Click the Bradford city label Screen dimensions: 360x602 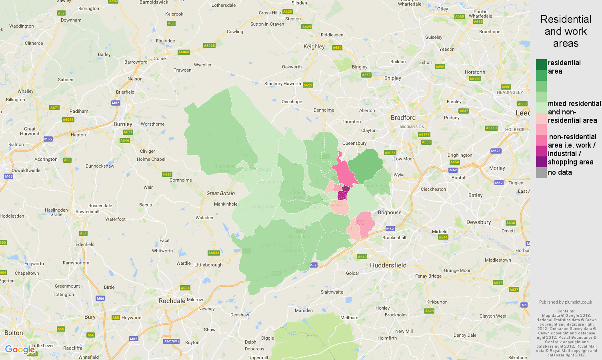tap(403, 118)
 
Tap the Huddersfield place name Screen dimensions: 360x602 tap(388, 265)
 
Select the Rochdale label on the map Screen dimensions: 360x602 tap(172, 301)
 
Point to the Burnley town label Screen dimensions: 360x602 tap(123, 124)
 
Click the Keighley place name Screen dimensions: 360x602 tap(314, 46)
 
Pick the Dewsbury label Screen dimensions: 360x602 tap(478, 222)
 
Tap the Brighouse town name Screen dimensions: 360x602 tap(390, 212)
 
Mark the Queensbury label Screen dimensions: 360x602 tap(354, 143)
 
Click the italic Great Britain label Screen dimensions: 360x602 tap(220, 193)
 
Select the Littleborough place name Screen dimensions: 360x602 tap(208, 265)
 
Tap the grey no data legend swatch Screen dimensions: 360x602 tap(541, 173)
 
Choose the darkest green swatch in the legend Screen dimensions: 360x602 tap(541, 64)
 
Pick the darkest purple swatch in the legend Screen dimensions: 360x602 tap(541, 162)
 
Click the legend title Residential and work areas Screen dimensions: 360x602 tap(566, 31)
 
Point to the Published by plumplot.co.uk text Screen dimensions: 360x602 tap(566, 302)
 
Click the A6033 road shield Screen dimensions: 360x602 tap(214, 253)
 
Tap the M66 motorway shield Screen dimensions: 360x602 tap(100, 298)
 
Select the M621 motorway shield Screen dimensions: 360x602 tap(496, 151)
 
